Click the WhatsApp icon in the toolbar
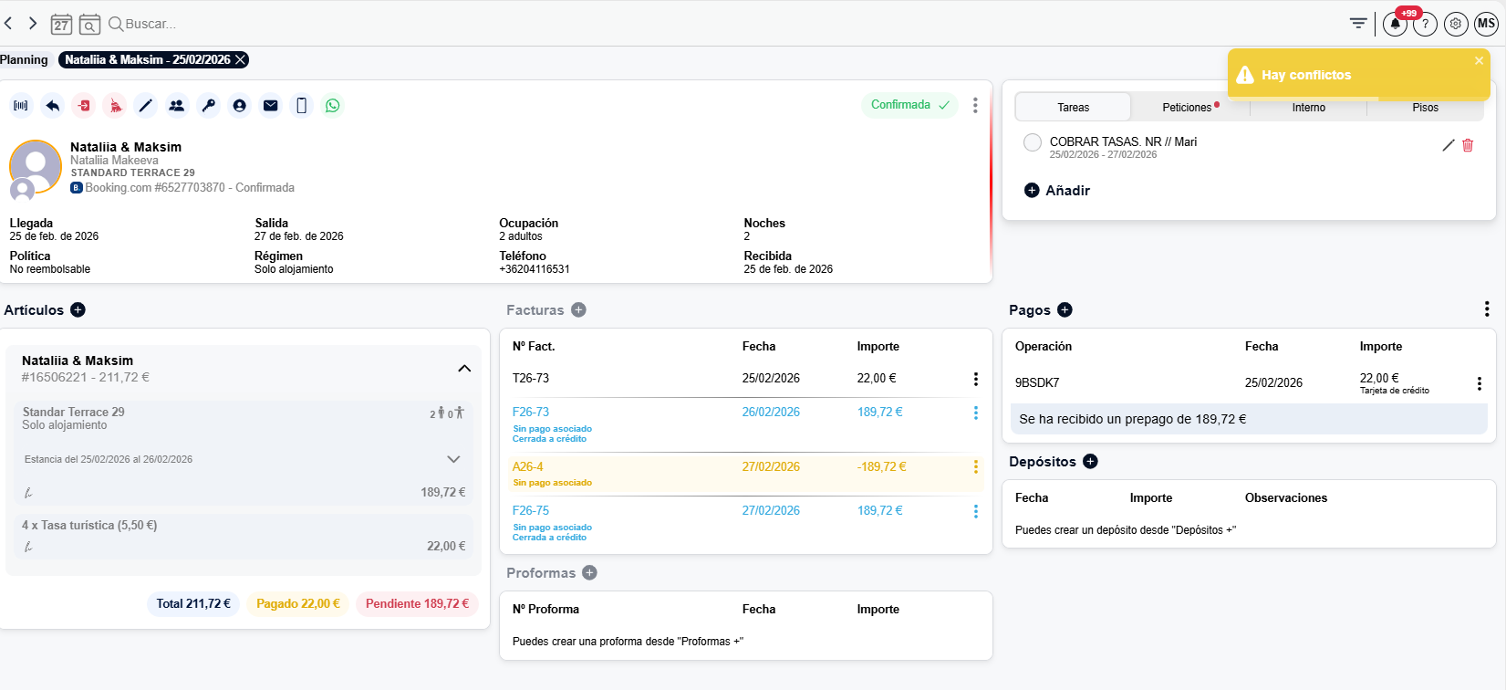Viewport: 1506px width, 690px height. click(332, 106)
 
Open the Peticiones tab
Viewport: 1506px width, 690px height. click(1187, 108)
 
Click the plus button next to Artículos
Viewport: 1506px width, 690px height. click(78, 310)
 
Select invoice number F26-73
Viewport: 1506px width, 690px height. click(531, 413)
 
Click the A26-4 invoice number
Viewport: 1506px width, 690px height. click(528, 466)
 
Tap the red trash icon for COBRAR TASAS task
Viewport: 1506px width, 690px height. click(1468, 145)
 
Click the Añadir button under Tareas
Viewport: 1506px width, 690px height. click(1057, 191)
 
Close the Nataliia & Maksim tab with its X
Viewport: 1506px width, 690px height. click(239, 60)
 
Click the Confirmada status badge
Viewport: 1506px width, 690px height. click(909, 105)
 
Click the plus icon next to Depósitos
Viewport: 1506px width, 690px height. click(1091, 461)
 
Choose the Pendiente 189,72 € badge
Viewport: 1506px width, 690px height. click(417, 604)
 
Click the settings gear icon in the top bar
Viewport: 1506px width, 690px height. click(1456, 25)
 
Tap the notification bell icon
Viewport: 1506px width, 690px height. click(1395, 25)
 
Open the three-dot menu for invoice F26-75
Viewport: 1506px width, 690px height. click(975, 512)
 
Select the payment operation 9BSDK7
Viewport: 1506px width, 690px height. click(1037, 382)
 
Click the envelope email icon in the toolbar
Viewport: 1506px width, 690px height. click(270, 106)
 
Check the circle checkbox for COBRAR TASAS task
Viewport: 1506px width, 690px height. click(1032, 142)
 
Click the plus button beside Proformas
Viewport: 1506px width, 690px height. click(589, 573)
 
